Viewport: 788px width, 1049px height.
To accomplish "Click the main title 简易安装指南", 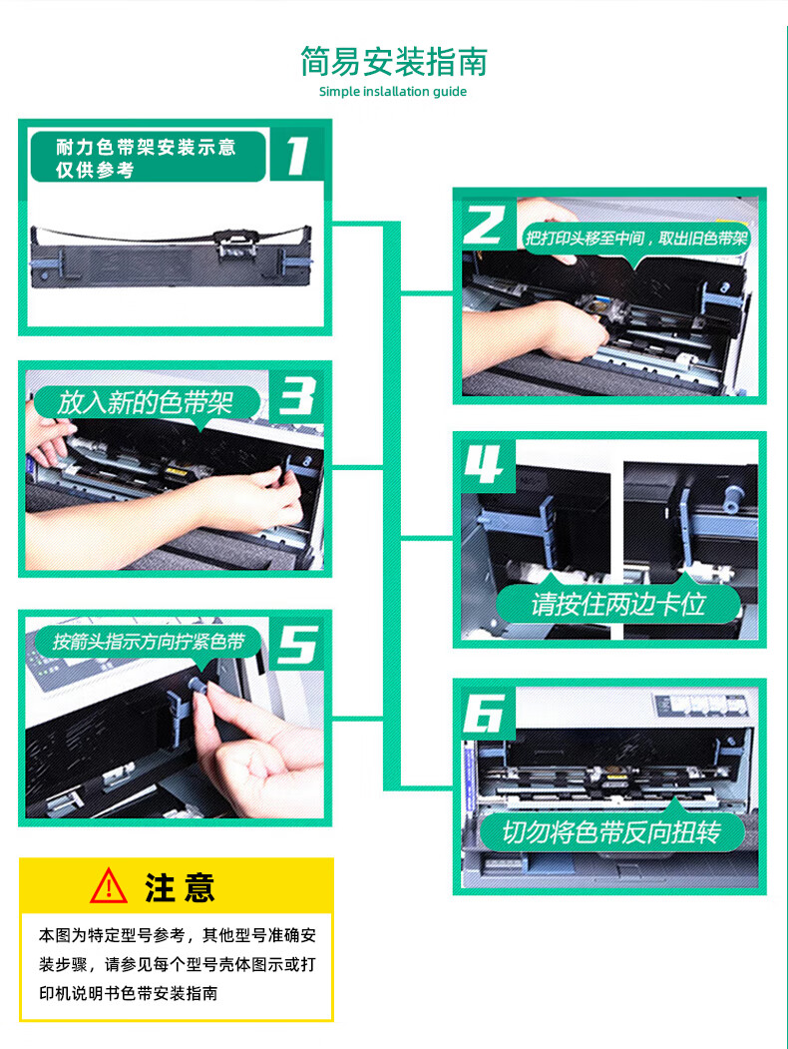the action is click(x=394, y=62).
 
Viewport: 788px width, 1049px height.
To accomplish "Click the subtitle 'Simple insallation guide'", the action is click(x=393, y=92).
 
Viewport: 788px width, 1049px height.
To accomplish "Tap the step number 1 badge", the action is click(x=298, y=156).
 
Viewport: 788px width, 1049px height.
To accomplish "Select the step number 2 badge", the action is click(x=484, y=224).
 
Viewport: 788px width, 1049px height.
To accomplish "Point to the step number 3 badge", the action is click(x=297, y=395).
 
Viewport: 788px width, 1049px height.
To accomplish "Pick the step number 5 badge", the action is click(x=297, y=644).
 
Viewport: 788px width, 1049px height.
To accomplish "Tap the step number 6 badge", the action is click(x=484, y=713).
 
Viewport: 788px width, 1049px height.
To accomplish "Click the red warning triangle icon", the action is click(x=109, y=886).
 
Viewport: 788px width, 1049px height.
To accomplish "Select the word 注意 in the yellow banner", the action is click(x=180, y=888).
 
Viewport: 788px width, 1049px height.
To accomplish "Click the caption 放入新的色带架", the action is click(x=145, y=403).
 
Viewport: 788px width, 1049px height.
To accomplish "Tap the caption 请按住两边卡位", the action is click(x=618, y=604).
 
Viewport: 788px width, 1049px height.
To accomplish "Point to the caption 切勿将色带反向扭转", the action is click(x=611, y=832).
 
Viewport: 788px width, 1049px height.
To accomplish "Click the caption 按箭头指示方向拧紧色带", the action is click(x=149, y=642).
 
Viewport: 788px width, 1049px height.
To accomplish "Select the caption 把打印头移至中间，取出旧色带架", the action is click(x=635, y=239).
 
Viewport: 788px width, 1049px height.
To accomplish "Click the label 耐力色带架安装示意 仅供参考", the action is click(x=146, y=158).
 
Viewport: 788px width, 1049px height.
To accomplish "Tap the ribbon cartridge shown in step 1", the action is click(x=172, y=257).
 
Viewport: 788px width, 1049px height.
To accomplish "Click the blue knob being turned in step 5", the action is click(x=197, y=685).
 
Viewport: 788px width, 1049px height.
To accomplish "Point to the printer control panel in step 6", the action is click(x=701, y=705).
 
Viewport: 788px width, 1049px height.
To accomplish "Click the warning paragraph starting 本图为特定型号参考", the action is click(x=178, y=964).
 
